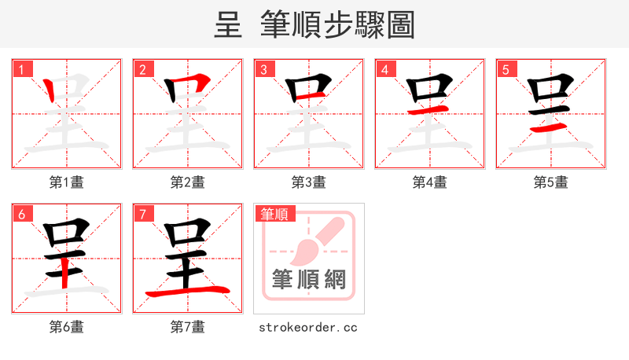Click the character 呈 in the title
coord(227,25)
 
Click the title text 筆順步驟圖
coord(338,25)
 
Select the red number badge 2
coord(142,70)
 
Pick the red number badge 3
coord(263,70)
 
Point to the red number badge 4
coord(384,70)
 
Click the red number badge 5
coord(506,70)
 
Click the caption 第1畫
coord(67,182)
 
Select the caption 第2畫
coord(188,182)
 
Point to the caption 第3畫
coord(309,182)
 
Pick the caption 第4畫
coord(430,182)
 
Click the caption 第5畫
coord(551,182)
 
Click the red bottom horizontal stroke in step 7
coord(187,292)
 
